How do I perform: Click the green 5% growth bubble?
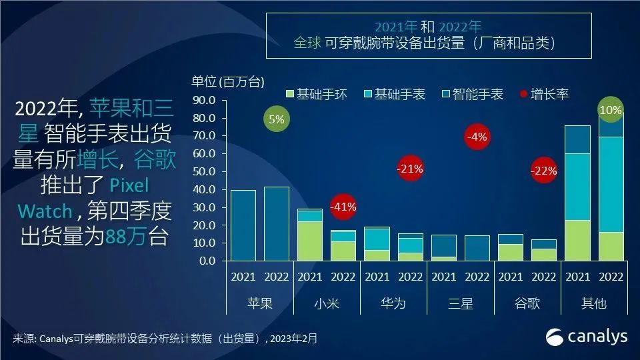[x=277, y=120]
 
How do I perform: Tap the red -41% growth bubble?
[x=344, y=207]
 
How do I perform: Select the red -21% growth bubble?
[x=410, y=169]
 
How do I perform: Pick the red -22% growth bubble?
[x=544, y=171]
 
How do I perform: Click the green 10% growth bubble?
[x=611, y=110]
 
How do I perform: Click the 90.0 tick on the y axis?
[x=205, y=101]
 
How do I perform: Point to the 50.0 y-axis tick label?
[x=205, y=172]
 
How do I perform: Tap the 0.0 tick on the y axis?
[x=207, y=261]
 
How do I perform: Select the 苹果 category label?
[x=260, y=303]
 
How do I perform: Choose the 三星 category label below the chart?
[x=461, y=303]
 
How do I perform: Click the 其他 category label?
[x=594, y=303]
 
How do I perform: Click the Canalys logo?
[x=587, y=337]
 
